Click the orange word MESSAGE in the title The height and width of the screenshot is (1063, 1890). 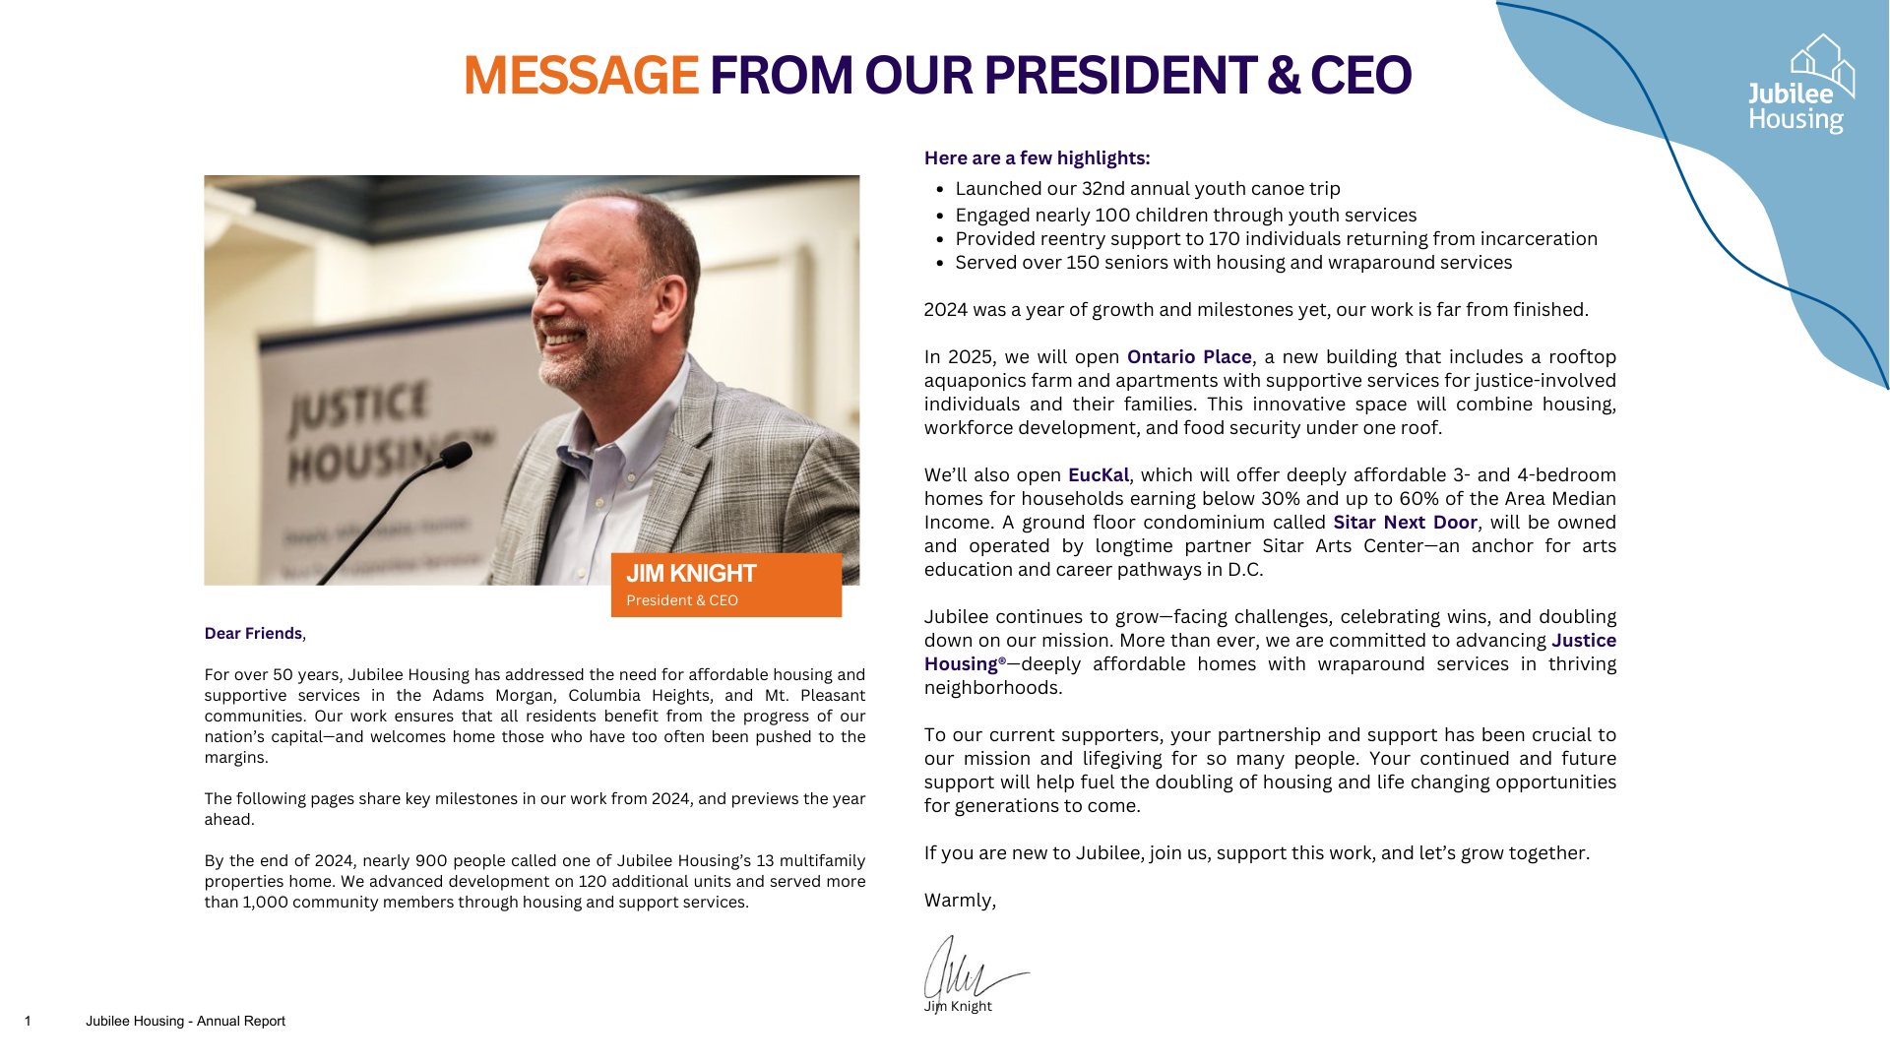pos(581,76)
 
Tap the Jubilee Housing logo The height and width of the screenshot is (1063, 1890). pos(1801,86)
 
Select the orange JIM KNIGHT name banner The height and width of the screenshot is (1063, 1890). pos(725,585)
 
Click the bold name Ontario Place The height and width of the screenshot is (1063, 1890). pos(1188,357)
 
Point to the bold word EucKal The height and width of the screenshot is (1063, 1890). pos(1098,475)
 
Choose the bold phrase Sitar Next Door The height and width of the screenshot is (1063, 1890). pos(1404,523)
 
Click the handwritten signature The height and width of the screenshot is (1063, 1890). pos(970,969)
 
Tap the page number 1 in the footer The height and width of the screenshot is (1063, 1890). pos(28,1022)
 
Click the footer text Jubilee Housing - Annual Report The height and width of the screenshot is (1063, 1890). pos(185,1022)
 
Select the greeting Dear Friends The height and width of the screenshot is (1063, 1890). pos(253,634)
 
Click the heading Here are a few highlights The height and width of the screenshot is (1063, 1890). pos(1037,158)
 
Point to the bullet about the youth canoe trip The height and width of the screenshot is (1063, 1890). pos(1147,189)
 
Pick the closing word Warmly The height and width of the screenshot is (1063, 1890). pos(959,901)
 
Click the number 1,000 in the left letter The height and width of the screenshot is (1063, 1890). pos(265,903)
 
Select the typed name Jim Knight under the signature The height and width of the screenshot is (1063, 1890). pos(958,1007)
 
